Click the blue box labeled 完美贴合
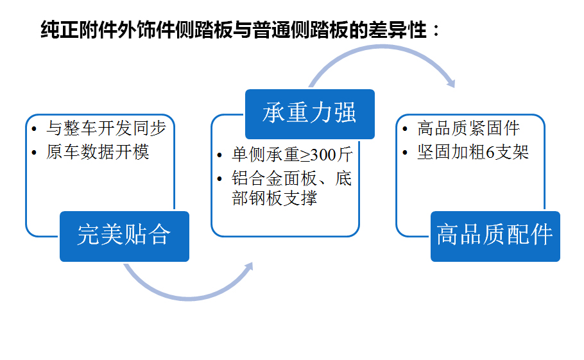tap(125, 236)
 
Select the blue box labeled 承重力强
tap(310, 114)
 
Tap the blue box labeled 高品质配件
tap(495, 236)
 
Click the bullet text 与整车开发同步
tap(106, 128)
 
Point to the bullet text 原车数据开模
tap(98, 152)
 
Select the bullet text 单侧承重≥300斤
tap(292, 155)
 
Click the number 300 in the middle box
tap(323, 155)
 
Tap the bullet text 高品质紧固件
tap(468, 128)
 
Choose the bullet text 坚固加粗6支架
tap(473, 152)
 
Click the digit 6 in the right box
tap(490, 152)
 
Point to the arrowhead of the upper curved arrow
tap(451, 83)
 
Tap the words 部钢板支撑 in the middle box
tap(274, 198)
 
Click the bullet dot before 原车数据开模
tap(34, 153)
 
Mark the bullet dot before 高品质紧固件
tap(405, 129)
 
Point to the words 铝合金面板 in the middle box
tap(274, 178)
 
